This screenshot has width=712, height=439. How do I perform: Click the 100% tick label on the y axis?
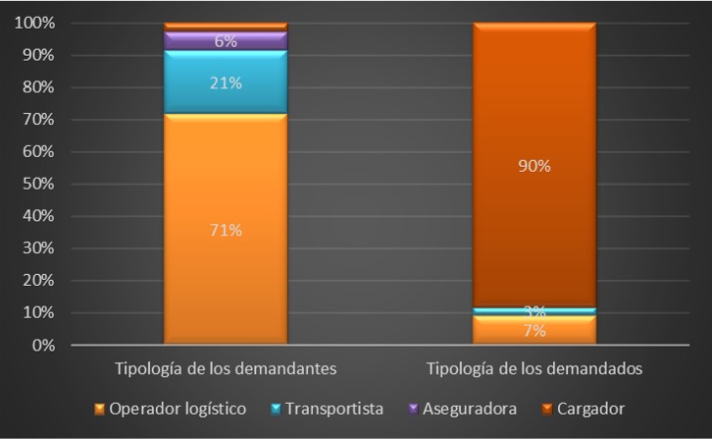click(34, 23)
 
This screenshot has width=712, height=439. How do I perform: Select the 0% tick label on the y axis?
click(42, 346)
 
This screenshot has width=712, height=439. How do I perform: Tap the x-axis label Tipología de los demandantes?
click(226, 369)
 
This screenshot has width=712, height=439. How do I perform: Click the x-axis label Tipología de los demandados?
click(534, 369)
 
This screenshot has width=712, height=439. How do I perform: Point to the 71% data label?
click(225, 231)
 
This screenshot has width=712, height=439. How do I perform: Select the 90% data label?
click(534, 166)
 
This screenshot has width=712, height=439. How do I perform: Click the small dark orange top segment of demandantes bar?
click(225, 27)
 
